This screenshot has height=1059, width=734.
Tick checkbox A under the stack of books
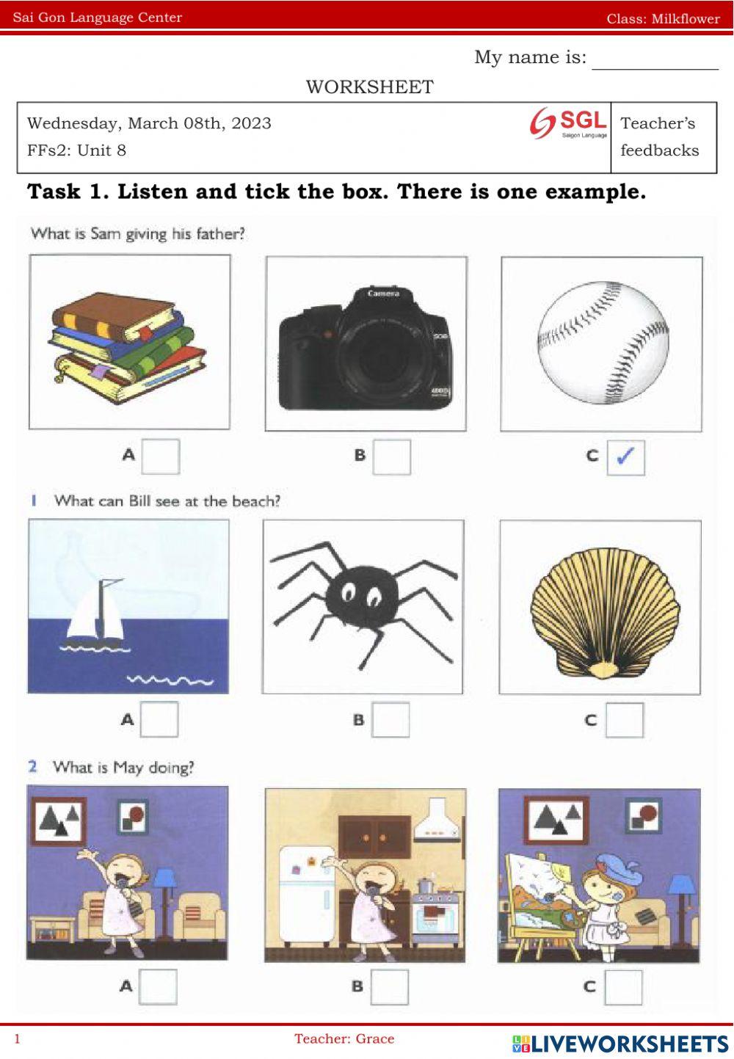160,456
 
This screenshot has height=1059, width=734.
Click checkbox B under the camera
391,456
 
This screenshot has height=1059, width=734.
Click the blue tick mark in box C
625,456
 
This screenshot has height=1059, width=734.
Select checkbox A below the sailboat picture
159,719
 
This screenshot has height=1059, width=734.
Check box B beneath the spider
390,719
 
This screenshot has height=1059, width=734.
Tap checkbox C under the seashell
625,720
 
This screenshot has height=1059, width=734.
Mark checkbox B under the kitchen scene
389,987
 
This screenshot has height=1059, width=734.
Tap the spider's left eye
349,590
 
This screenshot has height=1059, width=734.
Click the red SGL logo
568,123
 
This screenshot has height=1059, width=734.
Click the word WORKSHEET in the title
369,87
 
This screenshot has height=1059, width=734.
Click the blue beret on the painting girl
619,867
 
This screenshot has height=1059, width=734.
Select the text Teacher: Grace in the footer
344,1038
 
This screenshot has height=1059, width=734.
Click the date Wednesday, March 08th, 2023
149,123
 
